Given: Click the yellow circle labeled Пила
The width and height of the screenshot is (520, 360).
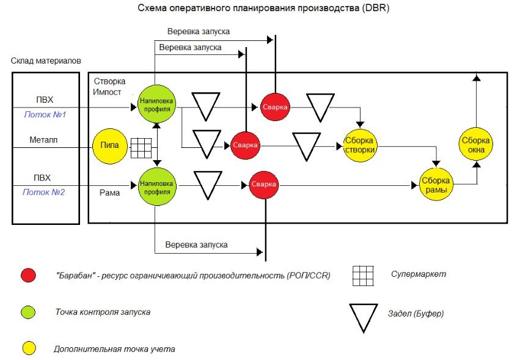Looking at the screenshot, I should pyautogui.click(x=111, y=146).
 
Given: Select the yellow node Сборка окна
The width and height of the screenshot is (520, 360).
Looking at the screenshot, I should pyautogui.click(x=475, y=145).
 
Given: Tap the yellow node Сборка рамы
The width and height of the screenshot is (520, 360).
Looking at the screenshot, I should pyautogui.click(x=436, y=185).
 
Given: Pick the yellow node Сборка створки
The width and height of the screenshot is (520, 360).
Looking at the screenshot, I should pyautogui.click(x=359, y=145).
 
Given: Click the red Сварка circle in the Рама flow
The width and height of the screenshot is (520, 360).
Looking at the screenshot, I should pyautogui.click(x=265, y=185).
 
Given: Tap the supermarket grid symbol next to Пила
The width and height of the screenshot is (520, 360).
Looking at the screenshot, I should pyautogui.click(x=141, y=147).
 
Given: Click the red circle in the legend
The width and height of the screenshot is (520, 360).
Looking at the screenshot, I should pyautogui.click(x=27, y=275).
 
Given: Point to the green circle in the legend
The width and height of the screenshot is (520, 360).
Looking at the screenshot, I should pyautogui.click(x=27, y=312).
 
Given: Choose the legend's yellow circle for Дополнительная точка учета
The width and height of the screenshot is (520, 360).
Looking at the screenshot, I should pyautogui.click(x=27, y=349).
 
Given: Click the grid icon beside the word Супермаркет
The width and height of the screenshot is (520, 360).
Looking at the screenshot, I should pyautogui.click(x=363, y=275).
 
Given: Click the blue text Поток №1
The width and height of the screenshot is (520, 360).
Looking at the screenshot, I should pyautogui.click(x=45, y=114).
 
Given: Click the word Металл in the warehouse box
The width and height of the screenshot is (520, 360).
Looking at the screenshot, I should pyautogui.click(x=44, y=140).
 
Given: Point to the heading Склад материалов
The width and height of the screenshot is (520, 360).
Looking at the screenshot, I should pyautogui.click(x=46, y=61).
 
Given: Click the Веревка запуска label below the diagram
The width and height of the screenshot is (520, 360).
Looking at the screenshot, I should pyautogui.click(x=197, y=244).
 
